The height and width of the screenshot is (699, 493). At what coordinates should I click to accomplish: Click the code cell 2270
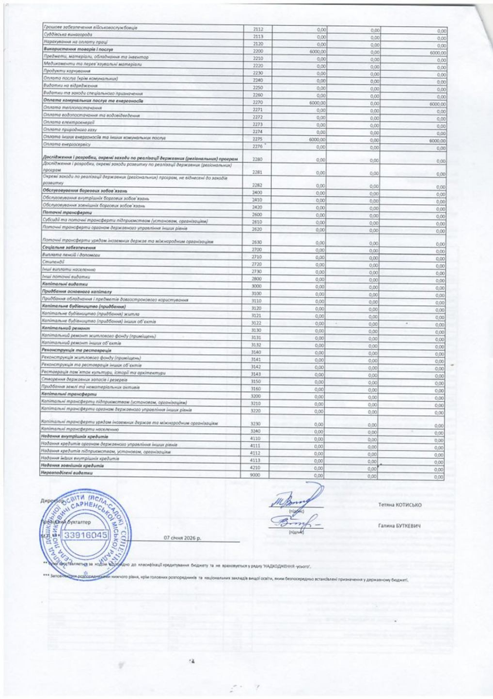pos(257,102)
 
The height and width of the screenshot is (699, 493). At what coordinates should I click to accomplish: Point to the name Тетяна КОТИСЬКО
pos(400,505)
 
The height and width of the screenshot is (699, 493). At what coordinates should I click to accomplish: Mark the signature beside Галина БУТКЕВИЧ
pos(293,524)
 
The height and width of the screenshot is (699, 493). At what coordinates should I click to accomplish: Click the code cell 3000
pos(256,286)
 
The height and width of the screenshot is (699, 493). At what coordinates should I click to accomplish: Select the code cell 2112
pos(258,29)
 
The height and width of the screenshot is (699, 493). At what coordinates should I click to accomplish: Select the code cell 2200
pos(257,51)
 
